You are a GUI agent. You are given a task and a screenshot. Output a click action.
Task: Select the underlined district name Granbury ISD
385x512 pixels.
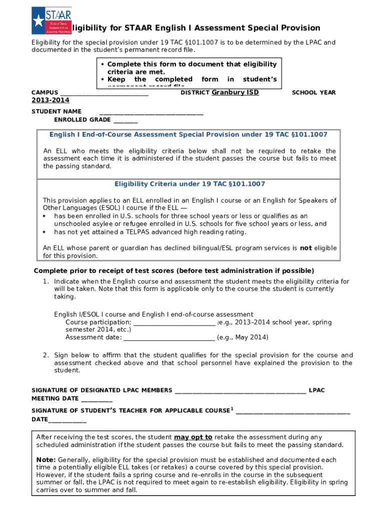click(235, 92)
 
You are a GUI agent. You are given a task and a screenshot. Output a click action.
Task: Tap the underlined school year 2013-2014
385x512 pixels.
click(50, 100)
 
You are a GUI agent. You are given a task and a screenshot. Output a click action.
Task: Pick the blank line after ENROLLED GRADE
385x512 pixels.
click(125, 122)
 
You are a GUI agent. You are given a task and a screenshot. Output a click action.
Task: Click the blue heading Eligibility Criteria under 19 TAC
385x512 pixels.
click(189, 184)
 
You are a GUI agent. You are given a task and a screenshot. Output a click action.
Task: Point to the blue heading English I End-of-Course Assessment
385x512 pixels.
click(188, 135)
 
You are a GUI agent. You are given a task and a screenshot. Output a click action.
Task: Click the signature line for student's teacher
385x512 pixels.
click(292, 413)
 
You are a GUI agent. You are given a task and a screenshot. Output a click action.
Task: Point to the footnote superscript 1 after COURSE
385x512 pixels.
click(232, 409)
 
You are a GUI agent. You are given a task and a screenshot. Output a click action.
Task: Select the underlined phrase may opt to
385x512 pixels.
click(193, 437)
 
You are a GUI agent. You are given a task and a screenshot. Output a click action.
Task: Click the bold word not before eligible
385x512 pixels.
click(305, 248)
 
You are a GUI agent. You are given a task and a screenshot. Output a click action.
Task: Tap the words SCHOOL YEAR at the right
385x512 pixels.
click(313, 93)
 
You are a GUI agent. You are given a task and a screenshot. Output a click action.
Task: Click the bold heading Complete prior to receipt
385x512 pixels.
click(173, 271)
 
